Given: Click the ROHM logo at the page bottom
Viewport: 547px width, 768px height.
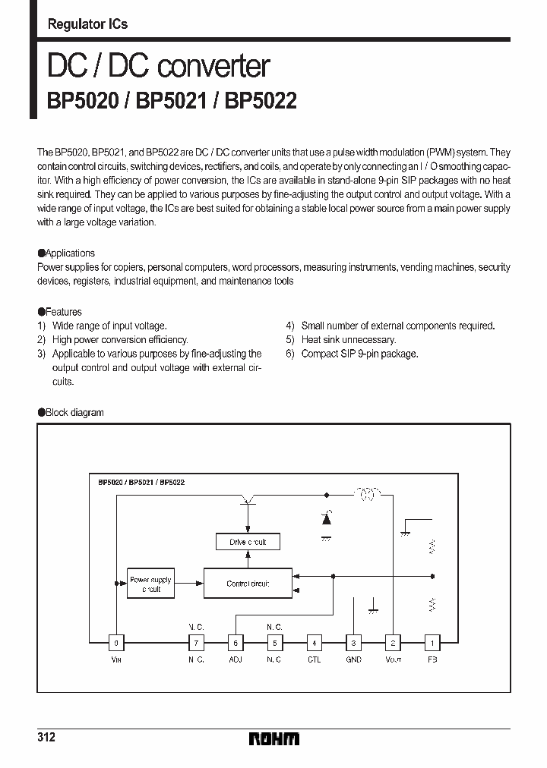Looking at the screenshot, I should [x=273, y=738].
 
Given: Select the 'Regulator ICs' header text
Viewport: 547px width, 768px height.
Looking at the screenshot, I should [x=87, y=24].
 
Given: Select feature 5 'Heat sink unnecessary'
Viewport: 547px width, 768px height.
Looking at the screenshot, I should [x=348, y=340].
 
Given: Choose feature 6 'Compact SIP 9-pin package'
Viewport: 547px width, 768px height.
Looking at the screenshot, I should [x=359, y=354].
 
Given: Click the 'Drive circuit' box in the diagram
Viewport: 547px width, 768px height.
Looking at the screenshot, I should [x=248, y=542].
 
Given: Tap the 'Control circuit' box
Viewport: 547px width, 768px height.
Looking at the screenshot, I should [x=248, y=584].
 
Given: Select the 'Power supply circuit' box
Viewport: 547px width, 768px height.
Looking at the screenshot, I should [x=150, y=584].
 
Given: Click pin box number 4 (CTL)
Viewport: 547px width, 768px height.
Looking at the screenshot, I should [x=315, y=643].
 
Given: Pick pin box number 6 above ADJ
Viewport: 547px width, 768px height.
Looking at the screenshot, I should [x=236, y=643].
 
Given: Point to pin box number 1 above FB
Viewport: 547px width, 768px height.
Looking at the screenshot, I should [x=431, y=643].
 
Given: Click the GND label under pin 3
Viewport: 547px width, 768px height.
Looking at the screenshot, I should [x=353, y=660].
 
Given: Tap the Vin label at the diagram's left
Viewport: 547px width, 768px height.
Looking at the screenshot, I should [x=115, y=660].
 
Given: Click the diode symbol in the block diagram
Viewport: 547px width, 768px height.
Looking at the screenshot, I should [x=327, y=520].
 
